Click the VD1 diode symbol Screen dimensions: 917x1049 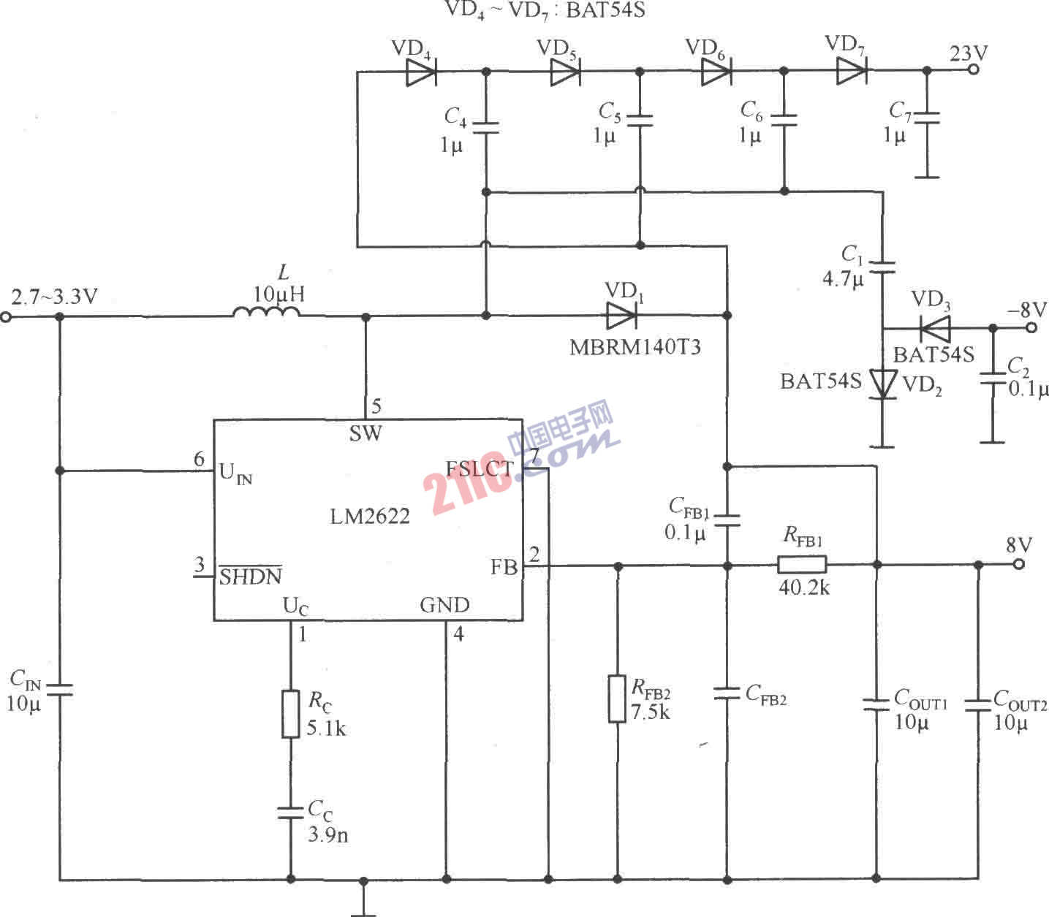(x=621, y=315)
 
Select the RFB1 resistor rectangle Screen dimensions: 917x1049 (x=801, y=564)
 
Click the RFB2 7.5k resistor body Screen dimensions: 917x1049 (x=618, y=699)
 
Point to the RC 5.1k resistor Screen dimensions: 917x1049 (x=290, y=713)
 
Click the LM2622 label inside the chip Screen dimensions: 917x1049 (x=370, y=517)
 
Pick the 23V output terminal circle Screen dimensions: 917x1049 (x=972, y=70)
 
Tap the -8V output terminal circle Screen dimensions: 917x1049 (x=1031, y=327)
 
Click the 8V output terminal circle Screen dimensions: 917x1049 (x=1019, y=564)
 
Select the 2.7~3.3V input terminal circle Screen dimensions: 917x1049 (x=6, y=316)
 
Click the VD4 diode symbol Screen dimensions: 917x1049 (x=421, y=72)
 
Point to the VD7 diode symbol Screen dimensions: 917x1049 (x=852, y=71)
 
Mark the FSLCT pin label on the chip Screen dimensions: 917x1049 (x=480, y=468)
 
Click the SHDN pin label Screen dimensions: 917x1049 (x=251, y=577)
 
